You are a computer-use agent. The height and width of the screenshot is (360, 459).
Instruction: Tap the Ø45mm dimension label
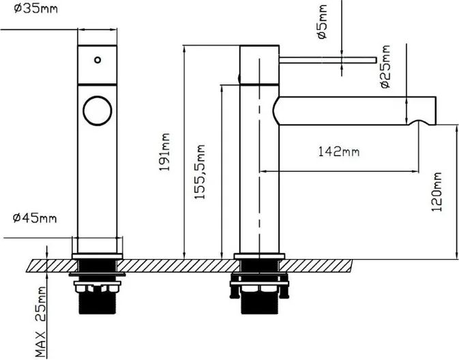pos(34,218)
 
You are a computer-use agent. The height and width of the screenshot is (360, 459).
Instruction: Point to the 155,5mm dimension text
pos(201,172)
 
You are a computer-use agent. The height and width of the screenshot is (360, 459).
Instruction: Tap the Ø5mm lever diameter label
pos(323,21)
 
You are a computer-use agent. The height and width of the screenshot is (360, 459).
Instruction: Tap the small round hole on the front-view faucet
pos(98,60)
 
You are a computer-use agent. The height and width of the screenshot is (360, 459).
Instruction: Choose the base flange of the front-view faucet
pos(98,256)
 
